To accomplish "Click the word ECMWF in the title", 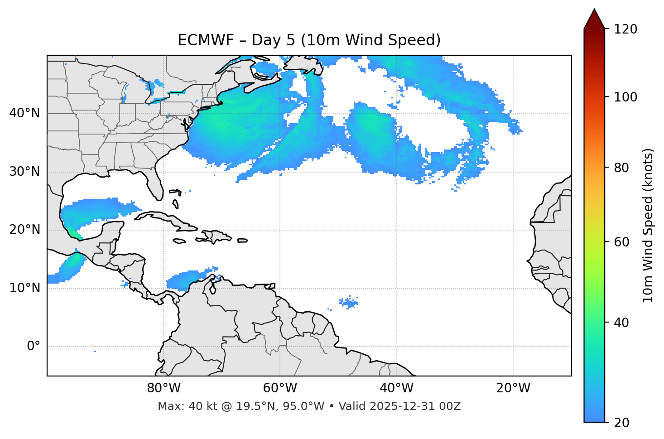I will (x=197, y=40).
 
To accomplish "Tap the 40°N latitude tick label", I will (x=24, y=113).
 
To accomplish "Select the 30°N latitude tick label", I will (x=24, y=172).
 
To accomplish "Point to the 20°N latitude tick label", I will (x=24, y=230).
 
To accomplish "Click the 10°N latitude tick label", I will (x=24, y=288).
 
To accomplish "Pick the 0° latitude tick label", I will (x=34, y=347).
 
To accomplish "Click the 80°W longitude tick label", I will (x=164, y=388).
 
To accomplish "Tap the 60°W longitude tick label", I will (x=280, y=388).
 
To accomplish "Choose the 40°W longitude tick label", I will (x=396, y=388).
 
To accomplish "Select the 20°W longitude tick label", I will (x=513, y=388).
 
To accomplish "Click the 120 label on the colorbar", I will (x=626, y=29).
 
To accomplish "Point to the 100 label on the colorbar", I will (x=626, y=97).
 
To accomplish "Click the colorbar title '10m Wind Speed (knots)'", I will (x=648, y=225).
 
